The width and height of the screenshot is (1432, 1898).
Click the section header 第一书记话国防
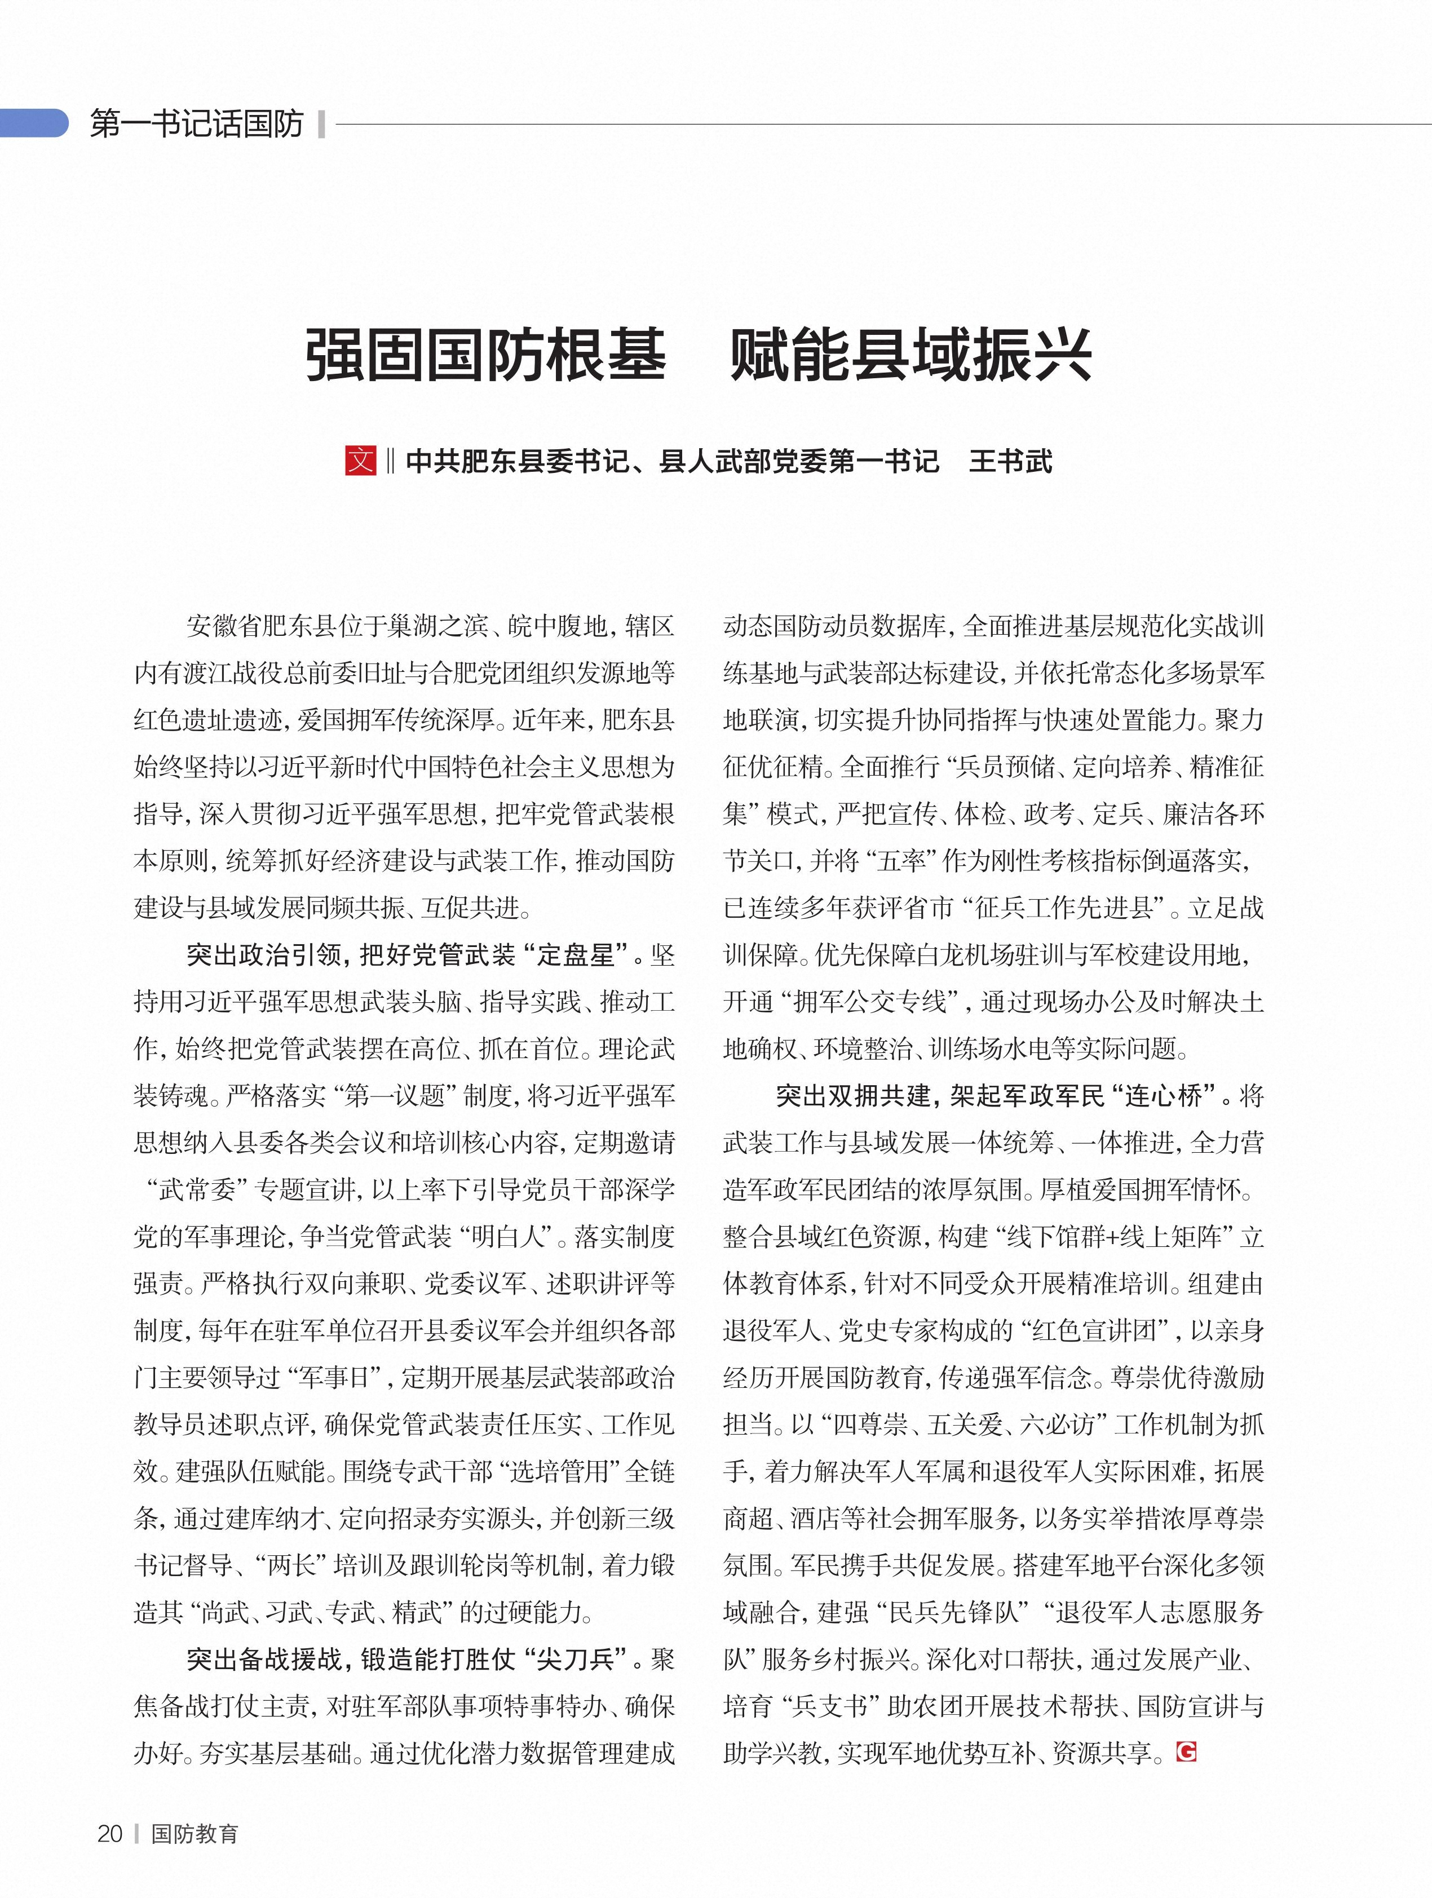(197, 125)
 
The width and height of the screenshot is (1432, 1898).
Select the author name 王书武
(1010, 462)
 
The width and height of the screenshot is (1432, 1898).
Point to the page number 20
(110, 1834)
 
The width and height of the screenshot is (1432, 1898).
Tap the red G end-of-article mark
(1187, 1751)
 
